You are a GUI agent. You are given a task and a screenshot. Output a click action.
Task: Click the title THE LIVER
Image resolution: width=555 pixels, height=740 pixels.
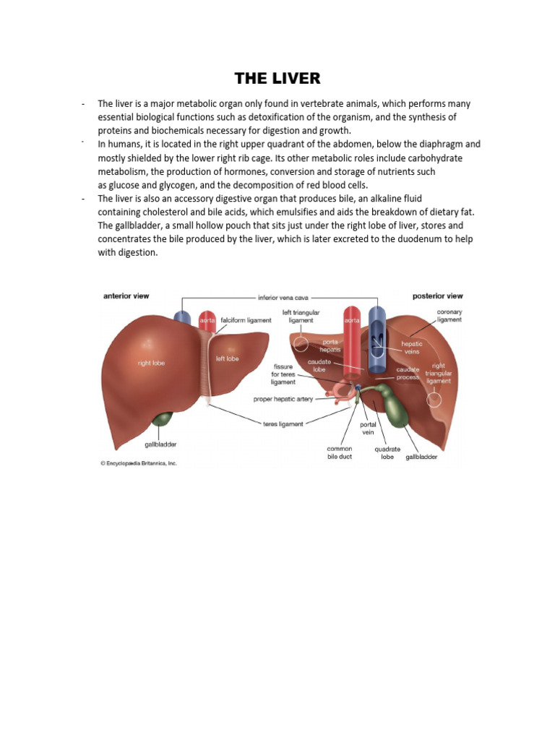[277, 78]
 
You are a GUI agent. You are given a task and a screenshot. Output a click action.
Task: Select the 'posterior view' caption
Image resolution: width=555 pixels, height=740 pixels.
[437, 296]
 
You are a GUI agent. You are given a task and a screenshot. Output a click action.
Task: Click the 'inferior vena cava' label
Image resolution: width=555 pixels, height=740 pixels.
[284, 297]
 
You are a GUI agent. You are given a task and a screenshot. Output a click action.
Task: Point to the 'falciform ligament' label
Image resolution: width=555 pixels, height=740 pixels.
[246, 319]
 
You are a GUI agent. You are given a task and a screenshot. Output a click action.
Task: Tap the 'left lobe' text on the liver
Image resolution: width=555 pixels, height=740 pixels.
[227, 358]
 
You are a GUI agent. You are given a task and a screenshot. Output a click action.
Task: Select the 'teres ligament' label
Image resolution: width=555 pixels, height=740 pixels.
[283, 424]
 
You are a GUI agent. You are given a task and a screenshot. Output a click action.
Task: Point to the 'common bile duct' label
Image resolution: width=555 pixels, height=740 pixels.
[340, 452]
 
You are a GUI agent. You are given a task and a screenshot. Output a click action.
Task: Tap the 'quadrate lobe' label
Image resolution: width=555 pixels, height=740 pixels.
[387, 452]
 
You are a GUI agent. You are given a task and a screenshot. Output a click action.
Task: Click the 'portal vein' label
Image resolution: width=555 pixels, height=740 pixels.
[369, 428]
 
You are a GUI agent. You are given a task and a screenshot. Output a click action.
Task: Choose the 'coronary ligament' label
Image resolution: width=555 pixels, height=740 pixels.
[449, 317]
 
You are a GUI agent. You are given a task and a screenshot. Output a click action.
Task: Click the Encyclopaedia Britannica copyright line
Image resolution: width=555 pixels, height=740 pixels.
[138, 463]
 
